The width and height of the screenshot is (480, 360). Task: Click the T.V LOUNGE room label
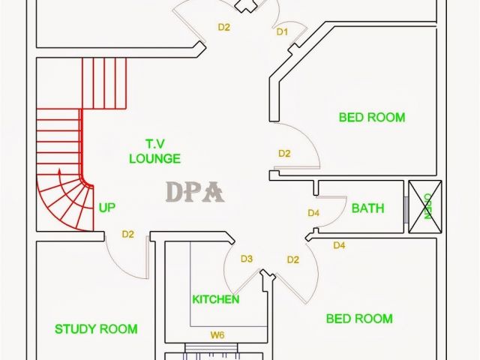pos(154,151)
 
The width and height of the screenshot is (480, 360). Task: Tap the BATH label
pos(367,208)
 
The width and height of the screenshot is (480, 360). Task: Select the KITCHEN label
pos(216,300)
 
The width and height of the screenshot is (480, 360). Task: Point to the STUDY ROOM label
pos(96,328)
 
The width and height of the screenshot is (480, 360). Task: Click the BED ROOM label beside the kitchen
pos(359,319)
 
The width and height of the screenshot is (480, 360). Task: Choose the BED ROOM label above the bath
pos(372,117)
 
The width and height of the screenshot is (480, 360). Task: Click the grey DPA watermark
pos(194,193)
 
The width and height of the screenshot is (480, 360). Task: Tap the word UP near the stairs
pos(107,208)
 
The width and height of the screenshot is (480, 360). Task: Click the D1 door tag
pos(283,32)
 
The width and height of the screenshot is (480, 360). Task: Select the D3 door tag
pos(247,259)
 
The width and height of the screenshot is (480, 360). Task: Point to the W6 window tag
pos(217,335)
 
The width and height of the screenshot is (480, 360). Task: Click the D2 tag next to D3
pos(293,259)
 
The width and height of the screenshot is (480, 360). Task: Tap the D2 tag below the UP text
pos(128,235)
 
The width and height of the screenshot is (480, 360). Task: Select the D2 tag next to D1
pos(224,27)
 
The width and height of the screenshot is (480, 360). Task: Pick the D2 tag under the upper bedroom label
pos(284,154)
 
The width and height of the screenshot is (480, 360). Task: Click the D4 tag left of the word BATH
pos(314,214)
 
